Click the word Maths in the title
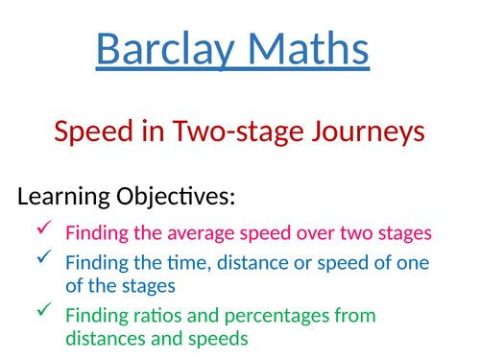[308, 49]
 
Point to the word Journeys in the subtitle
[369, 132]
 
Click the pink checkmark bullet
[45, 228]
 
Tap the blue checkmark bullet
[45, 257]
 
